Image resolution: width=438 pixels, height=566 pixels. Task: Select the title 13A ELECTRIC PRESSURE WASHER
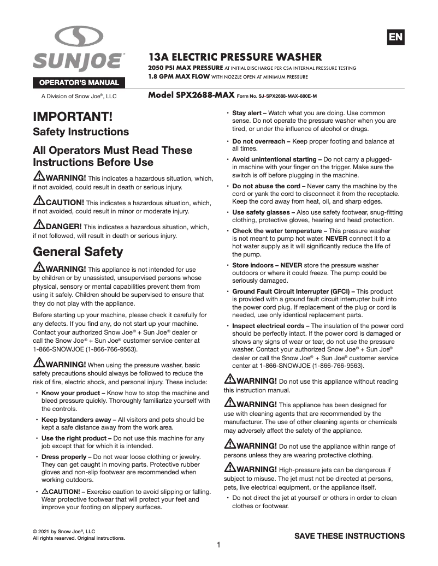[235, 57]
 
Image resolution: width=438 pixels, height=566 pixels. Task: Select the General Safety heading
[78, 252]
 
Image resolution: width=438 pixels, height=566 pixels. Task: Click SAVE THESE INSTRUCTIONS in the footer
[350, 535]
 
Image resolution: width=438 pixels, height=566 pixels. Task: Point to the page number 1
[218, 545]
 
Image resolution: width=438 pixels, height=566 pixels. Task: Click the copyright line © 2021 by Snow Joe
[64, 531]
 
